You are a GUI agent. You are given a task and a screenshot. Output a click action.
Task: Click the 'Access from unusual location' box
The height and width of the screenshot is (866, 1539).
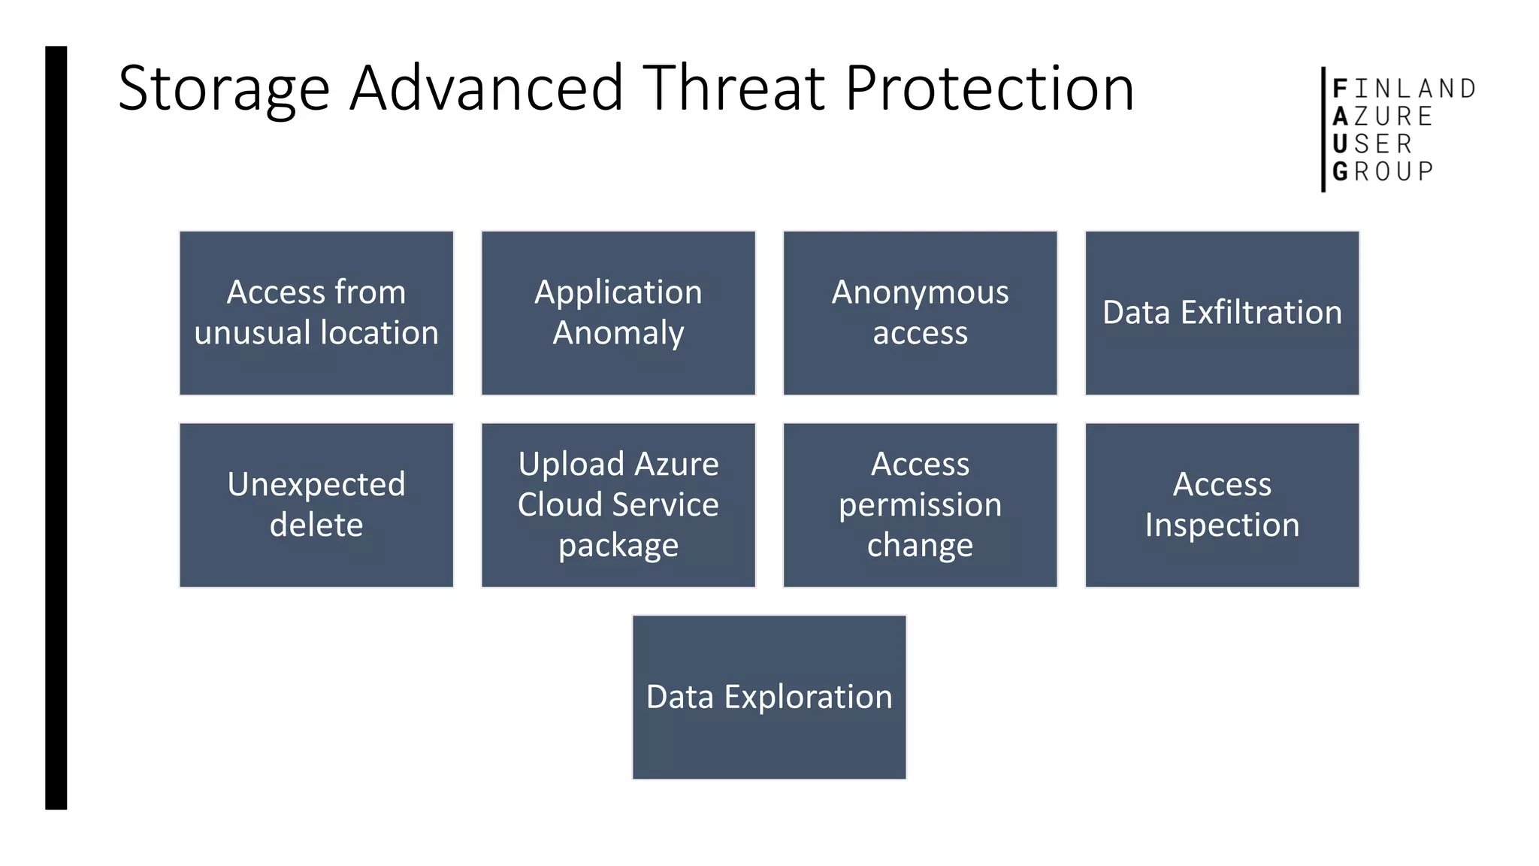(316, 313)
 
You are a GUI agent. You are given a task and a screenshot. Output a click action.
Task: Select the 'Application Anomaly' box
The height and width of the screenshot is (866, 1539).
(618, 313)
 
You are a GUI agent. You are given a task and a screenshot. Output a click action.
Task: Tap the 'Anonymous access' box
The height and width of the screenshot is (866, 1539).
(920, 313)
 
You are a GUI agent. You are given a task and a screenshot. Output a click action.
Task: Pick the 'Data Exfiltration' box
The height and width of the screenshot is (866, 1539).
(1222, 313)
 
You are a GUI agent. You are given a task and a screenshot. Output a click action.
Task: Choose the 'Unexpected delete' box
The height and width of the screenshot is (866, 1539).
(316, 504)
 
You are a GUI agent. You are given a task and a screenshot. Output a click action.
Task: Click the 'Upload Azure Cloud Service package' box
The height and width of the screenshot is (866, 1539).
(618, 504)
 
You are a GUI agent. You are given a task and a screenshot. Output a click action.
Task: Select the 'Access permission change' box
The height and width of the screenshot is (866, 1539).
(920, 504)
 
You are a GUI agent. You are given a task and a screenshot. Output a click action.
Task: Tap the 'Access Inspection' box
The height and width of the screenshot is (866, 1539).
(1222, 504)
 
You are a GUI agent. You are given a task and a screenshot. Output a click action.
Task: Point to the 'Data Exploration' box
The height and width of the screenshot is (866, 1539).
(769, 697)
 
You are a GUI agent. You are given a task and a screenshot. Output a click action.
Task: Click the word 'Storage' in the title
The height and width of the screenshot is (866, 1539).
(223, 89)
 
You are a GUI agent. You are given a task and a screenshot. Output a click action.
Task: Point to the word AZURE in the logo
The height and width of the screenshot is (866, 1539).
(1383, 117)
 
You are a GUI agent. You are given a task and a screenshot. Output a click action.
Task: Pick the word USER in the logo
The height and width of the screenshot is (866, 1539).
(1372, 144)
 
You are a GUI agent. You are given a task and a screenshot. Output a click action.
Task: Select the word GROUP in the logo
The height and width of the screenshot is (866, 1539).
(1383, 171)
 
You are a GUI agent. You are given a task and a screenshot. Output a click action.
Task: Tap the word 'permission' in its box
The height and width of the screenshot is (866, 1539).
(920, 504)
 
